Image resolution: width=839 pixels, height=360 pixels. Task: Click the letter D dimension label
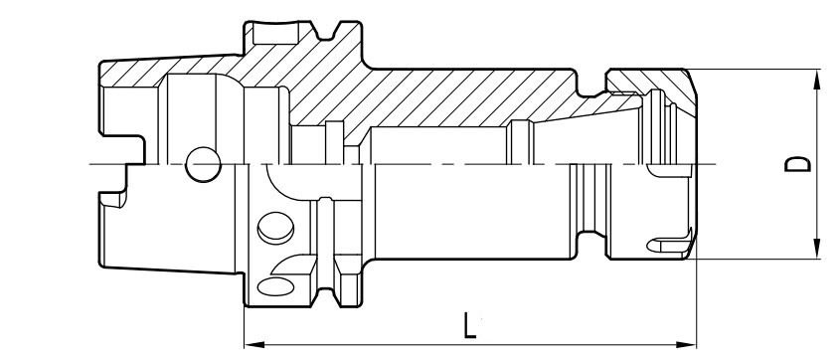click(x=797, y=164)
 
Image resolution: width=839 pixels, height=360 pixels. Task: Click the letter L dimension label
click(x=469, y=326)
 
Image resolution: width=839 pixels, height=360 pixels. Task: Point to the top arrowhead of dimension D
click(x=816, y=80)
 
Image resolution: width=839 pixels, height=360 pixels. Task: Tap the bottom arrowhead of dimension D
click(x=816, y=249)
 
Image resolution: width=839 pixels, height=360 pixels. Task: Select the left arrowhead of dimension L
click(x=254, y=344)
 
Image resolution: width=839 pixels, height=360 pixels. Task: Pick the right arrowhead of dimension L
click(x=686, y=344)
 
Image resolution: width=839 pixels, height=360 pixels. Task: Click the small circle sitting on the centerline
click(x=204, y=164)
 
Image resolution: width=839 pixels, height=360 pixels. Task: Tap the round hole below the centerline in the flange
click(x=275, y=228)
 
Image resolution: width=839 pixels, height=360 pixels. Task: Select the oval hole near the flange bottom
click(x=275, y=286)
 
